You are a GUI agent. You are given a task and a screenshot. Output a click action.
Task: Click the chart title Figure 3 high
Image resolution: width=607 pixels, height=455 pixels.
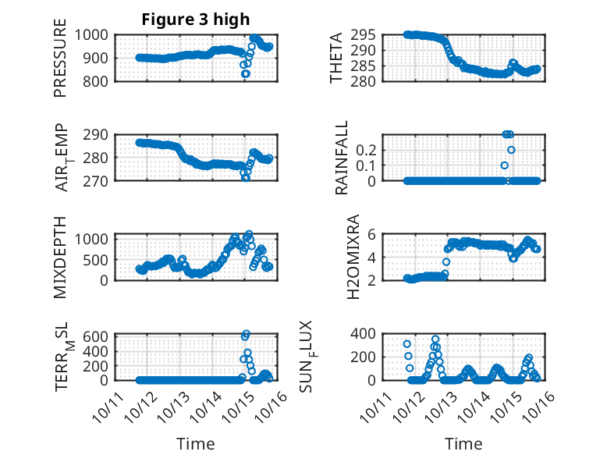coord(195,20)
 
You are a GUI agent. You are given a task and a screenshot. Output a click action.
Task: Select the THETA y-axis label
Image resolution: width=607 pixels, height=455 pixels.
coord(336,59)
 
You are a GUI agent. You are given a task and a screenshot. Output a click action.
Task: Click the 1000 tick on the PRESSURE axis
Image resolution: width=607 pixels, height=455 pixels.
coord(95,35)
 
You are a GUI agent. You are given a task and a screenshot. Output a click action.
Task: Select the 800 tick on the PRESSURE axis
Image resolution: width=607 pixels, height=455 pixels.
coord(100,80)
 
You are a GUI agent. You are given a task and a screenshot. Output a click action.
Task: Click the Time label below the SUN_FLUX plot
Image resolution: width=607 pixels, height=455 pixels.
coord(463,444)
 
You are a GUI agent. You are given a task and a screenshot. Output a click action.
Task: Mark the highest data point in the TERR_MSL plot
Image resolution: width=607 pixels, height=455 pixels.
coord(246,335)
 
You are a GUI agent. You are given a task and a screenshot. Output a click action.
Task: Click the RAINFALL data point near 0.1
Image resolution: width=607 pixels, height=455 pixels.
coord(505,165)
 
